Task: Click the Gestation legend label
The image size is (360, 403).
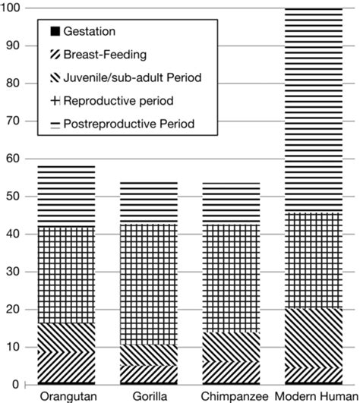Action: point(89,31)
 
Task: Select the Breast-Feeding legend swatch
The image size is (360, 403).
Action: point(55,55)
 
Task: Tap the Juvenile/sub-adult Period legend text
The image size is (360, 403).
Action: point(132,77)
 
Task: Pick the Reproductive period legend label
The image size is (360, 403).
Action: point(118,101)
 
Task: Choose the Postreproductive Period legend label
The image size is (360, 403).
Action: point(129,124)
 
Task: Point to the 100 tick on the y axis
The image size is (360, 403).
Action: point(11,8)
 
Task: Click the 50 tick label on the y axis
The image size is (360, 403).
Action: point(13,197)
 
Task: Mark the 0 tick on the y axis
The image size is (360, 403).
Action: point(16,385)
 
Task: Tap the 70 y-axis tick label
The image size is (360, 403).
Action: point(13,121)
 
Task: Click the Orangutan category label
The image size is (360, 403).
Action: point(68,397)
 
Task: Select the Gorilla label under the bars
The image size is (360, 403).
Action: point(150,396)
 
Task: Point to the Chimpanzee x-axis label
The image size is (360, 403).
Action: point(234,397)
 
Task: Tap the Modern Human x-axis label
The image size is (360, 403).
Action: point(317,396)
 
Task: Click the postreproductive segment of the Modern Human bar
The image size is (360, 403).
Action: point(314,111)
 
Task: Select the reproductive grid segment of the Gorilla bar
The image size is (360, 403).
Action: point(149,285)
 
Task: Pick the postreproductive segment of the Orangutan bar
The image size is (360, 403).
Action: point(66,197)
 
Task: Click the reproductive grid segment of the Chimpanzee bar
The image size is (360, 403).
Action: point(231,279)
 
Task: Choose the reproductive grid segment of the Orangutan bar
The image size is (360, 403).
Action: point(66,275)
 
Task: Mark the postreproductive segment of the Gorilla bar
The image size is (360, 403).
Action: point(149,203)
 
